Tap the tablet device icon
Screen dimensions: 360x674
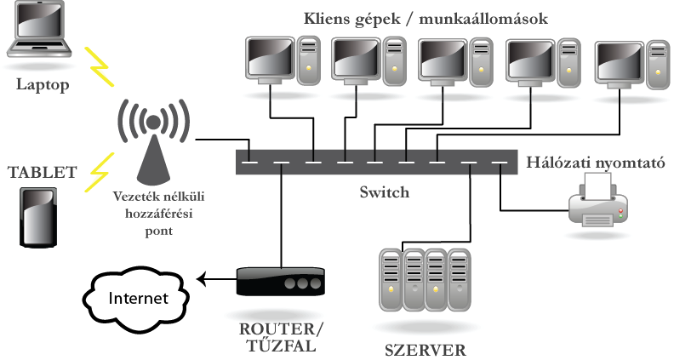pos(40,218)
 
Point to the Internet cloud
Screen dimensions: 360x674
pos(136,298)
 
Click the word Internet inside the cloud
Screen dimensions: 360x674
pos(138,299)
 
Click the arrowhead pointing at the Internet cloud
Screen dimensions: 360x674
pos(202,279)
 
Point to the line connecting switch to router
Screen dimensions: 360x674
pos(279,217)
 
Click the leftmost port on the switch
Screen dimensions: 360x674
pos(248,161)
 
